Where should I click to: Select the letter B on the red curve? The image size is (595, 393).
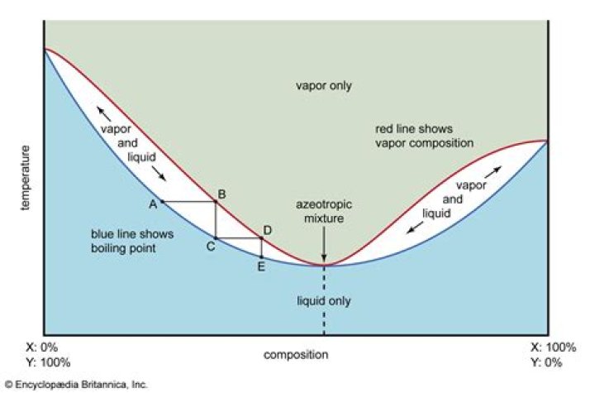[x=221, y=194]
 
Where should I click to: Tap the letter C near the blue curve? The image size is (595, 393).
[x=211, y=247]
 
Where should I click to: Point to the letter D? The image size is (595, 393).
[x=267, y=230]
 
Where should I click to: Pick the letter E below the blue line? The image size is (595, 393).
[x=261, y=266]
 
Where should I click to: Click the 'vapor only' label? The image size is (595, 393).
[x=324, y=85]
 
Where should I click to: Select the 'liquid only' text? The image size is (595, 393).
[x=324, y=301]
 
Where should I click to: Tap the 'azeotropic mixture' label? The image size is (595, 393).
[x=324, y=211]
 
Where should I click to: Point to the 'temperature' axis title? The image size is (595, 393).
[x=25, y=178]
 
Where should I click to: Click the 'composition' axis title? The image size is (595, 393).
[x=296, y=355]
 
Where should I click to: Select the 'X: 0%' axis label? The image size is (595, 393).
[x=42, y=347]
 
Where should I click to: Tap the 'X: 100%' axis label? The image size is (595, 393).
[x=553, y=347]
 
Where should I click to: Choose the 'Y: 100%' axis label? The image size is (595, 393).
[x=48, y=362]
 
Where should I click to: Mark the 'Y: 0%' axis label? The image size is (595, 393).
[x=546, y=362]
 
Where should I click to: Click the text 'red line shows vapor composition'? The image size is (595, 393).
[x=424, y=136]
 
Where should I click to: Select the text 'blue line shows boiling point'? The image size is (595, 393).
[x=132, y=241]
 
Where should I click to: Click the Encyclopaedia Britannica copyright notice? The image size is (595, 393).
[x=76, y=385]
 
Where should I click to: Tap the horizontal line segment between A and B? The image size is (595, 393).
[x=189, y=202]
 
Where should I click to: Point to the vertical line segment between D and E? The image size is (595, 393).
[x=261, y=248]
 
